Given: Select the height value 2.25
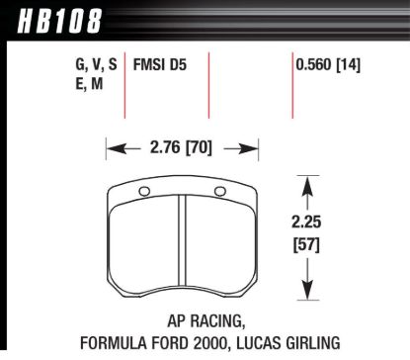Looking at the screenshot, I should (x=308, y=225).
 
